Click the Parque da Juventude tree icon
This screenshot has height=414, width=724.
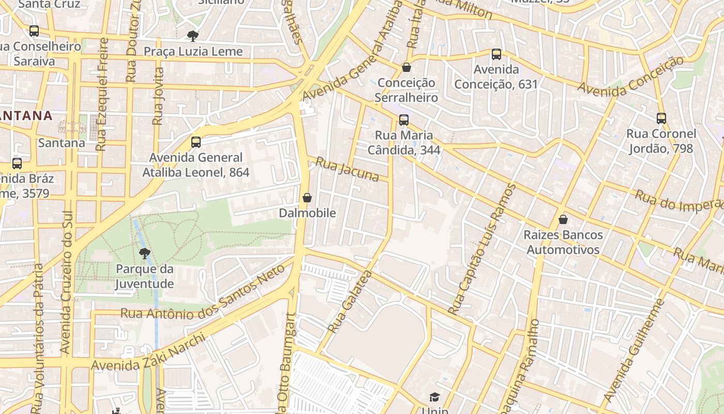(x=144, y=254)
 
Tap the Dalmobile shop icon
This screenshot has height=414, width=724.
(x=307, y=198)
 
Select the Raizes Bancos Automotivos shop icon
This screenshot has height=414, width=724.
(x=563, y=219)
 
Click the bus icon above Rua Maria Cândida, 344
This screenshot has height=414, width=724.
(x=404, y=120)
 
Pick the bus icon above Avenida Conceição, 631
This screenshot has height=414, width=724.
(x=496, y=54)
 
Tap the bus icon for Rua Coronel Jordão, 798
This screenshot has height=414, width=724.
(x=661, y=119)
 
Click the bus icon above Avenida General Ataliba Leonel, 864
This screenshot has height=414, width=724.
(x=196, y=142)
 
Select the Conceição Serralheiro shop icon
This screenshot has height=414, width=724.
(x=406, y=67)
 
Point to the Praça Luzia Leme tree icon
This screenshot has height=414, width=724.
(x=193, y=36)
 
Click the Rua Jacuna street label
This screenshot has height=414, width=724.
(x=347, y=170)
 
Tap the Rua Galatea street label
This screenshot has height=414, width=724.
(x=350, y=302)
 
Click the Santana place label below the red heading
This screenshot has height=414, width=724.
(x=62, y=143)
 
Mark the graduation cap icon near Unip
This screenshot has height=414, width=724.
(x=434, y=397)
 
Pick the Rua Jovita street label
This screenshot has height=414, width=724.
(x=158, y=96)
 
